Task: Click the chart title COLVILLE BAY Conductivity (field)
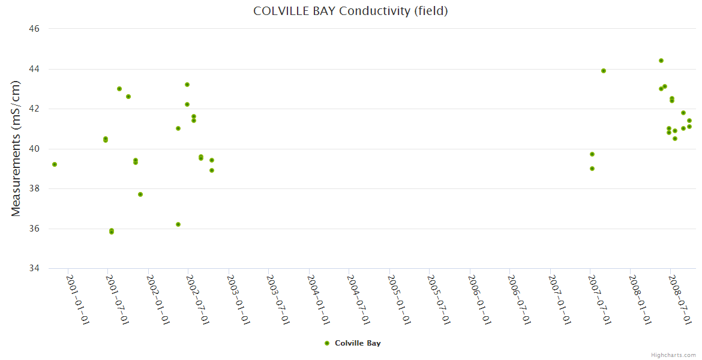point(350,11)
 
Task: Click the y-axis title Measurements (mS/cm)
point(16,148)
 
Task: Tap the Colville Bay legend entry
point(352,343)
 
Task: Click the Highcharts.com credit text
point(673,355)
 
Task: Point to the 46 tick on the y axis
point(34,29)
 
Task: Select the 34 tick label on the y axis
point(34,268)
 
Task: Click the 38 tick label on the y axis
point(34,188)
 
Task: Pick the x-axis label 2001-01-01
point(77,299)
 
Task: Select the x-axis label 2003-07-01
point(278,299)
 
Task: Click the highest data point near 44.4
point(661,61)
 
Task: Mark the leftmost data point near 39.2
point(55,164)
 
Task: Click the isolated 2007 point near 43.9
point(604,71)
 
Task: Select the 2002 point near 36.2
point(178,224)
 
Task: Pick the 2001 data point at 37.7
point(140,194)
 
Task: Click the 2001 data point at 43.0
point(119,89)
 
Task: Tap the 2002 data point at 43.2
point(187,85)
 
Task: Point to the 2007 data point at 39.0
point(592,169)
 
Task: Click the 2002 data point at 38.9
point(212,170)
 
